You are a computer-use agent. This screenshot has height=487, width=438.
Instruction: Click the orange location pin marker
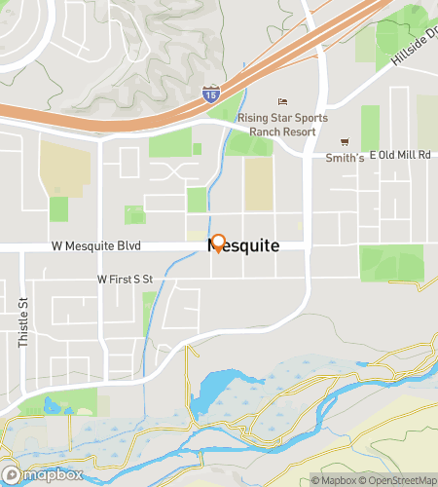[218, 243]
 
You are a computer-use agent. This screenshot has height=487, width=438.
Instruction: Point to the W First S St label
[126, 279]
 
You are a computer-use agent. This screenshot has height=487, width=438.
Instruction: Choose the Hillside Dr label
[413, 45]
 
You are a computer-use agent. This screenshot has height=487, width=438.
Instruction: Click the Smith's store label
[345, 158]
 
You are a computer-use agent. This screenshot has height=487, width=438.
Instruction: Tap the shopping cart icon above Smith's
[343, 142]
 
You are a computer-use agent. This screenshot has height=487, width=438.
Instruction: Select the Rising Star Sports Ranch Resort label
[282, 123]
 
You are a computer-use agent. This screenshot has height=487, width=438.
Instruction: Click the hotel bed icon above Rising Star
[283, 102]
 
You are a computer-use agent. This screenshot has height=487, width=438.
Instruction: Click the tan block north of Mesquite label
[258, 183]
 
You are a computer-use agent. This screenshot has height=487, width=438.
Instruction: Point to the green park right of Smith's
[370, 128]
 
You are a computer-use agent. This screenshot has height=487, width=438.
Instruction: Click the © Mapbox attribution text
[334, 479]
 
